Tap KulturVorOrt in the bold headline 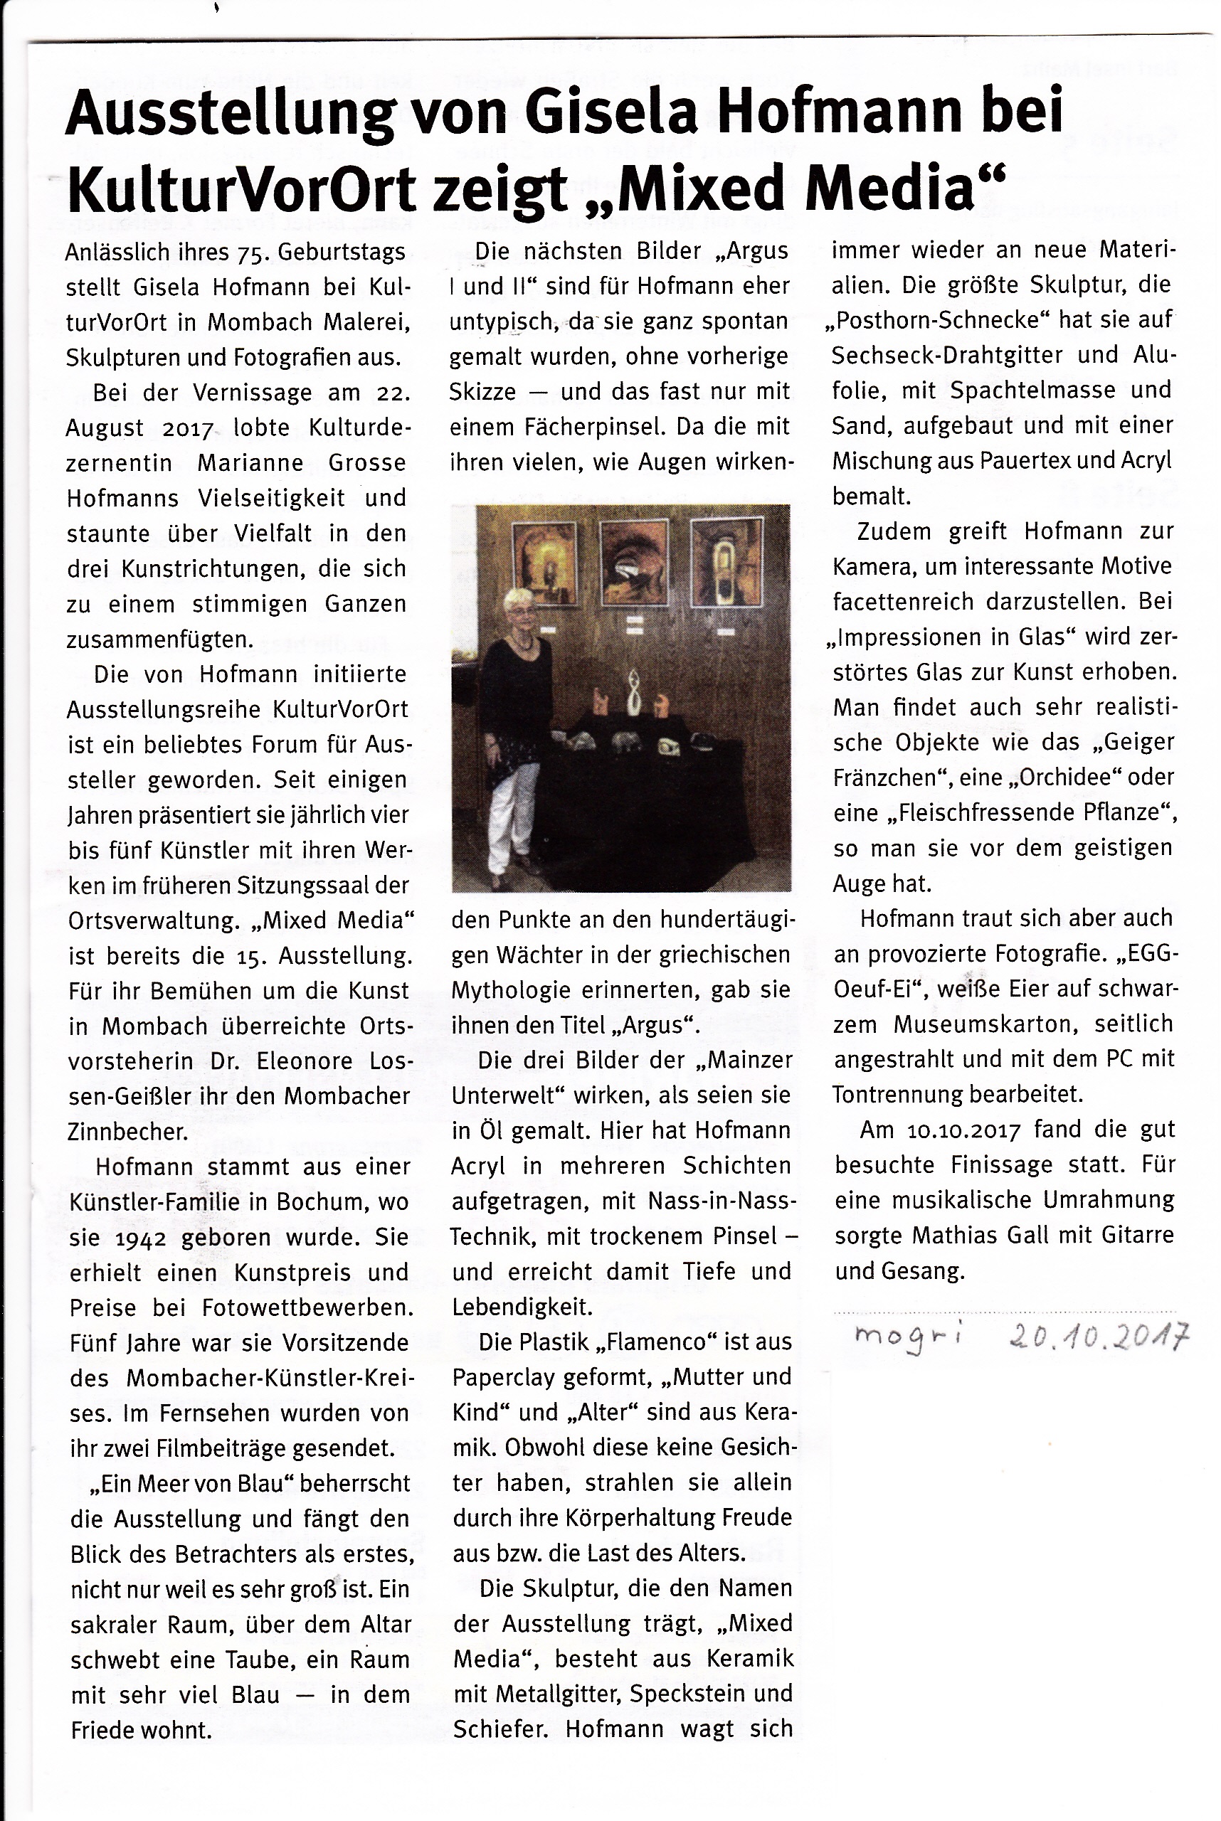click(241, 189)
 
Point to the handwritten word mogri click(907, 1337)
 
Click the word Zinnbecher click(127, 1131)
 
